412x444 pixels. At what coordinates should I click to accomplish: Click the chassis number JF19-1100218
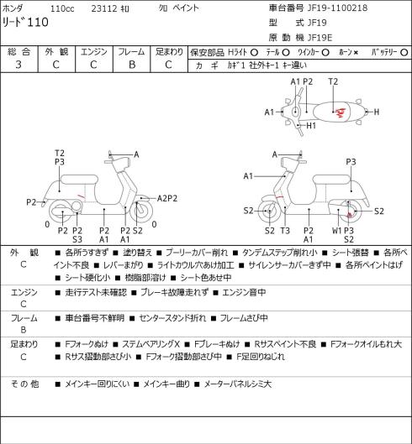pyautogui.click(x=338, y=8)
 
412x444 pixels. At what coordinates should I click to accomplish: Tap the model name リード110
pyautogui.click(x=25, y=22)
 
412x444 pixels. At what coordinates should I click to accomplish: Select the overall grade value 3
pyautogui.click(x=18, y=65)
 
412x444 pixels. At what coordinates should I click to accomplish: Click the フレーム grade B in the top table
pyautogui.click(x=132, y=65)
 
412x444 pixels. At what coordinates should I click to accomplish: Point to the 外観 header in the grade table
pyautogui.click(x=56, y=52)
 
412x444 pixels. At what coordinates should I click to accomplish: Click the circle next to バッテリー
pyautogui.click(x=404, y=52)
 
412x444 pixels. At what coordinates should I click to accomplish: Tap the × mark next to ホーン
pyautogui.click(x=357, y=52)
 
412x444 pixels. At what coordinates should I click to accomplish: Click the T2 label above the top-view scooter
pyautogui.click(x=333, y=82)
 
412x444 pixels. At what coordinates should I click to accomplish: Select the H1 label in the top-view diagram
pyautogui.click(x=311, y=125)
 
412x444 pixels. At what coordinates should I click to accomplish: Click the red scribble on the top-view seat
pyautogui.click(x=341, y=113)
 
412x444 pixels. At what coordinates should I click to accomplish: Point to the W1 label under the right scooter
pyautogui.click(x=337, y=231)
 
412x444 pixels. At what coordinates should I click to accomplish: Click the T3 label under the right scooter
pyautogui.click(x=285, y=231)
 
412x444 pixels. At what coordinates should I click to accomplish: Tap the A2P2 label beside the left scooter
pyautogui.click(x=167, y=198)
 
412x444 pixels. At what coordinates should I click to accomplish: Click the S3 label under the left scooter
pyautogui.click(x=77, y=239)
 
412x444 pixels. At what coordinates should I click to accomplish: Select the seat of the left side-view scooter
pyautogui.click(x=79, y=180)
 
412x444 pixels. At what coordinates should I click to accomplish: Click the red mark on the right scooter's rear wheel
pyautogui.click(x=350, y=214)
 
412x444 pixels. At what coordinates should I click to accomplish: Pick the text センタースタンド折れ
pyautogui.click(x=172, y=318)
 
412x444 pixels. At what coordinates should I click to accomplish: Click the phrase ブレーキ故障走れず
pyautogui.click(x=175, y=292)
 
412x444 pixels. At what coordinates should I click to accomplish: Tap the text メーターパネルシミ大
pyautogui.click(x=238, y=384)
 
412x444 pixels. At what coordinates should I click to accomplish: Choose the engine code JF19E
pyautogui.click(x=320, y=38)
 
